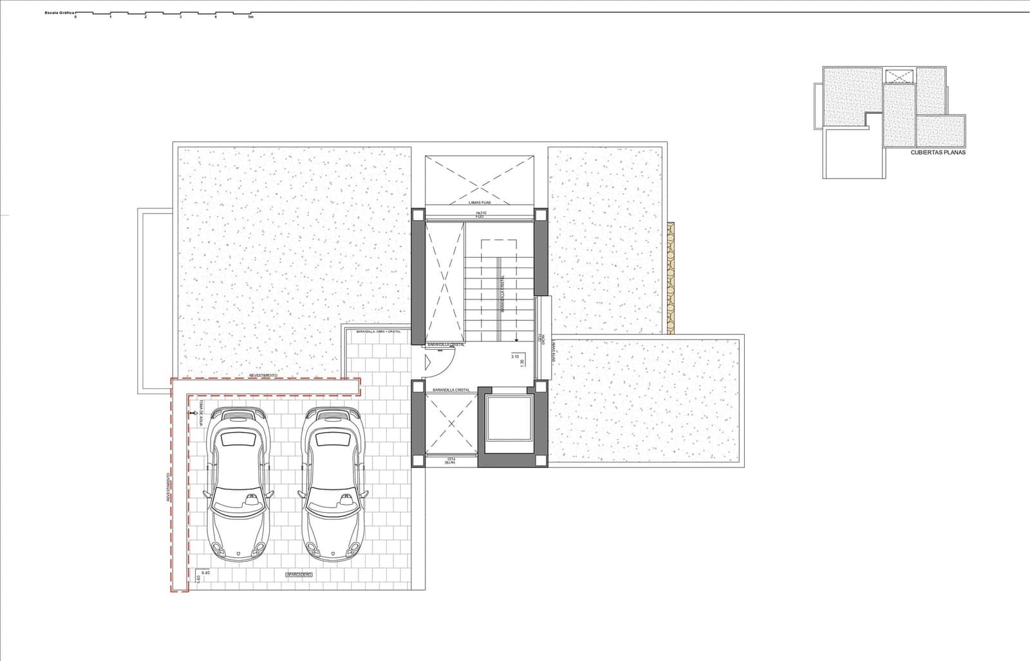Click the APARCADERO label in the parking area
(x=298, y=574)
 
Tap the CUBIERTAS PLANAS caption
(x=938, y=153)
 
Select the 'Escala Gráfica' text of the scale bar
(x=60, y=12)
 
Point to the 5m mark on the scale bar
(x=251, y=17)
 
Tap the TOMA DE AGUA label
(x=201, y=413)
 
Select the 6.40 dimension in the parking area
(x=206, y=572)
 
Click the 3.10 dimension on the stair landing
(x=514, y=356)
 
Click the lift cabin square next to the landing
(x=510, y=418)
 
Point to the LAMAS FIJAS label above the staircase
(x=480, y=203)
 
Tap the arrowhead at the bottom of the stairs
(x=516, y=341)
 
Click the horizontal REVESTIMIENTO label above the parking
(x=263, y=375)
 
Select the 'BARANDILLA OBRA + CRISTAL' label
(x=379, y=331)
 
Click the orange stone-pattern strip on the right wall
(x=671, y=278)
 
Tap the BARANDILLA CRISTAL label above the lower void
(x=451, y=390)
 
